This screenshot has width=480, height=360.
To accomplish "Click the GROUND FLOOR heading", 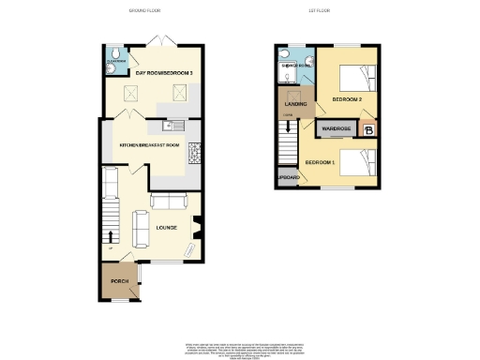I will (146, 10).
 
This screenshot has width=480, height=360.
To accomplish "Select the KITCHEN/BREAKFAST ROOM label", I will (148, 145).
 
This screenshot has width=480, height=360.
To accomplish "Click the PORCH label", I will (119, 282).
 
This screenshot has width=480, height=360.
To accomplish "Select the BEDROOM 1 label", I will (320, 162).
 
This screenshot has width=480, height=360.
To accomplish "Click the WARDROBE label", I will (336, 129).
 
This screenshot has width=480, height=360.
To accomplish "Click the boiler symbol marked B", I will (368, 130).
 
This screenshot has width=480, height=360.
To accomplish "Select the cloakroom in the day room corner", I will (112, 55).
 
